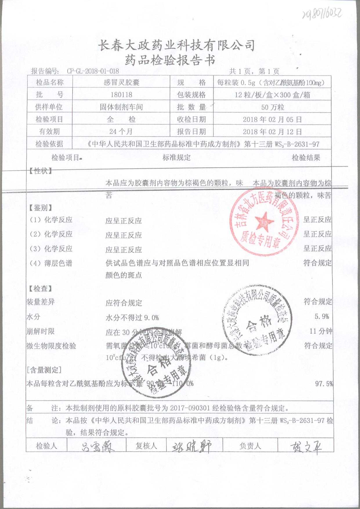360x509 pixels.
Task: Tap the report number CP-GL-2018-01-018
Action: [x=93, y=71]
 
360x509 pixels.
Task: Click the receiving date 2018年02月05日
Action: [x=272, y=119]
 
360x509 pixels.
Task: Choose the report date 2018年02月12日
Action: [x=272, y=132]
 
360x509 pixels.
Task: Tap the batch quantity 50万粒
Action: [x=272, y=107]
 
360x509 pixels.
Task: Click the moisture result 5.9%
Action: [x=322, y=316]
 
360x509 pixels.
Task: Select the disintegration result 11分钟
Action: [x=321, y=331]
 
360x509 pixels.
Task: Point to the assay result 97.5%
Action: [x=324, y=384]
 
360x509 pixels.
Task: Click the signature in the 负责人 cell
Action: [x=305, y=447]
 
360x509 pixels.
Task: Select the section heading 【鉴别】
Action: [x=40, y=207]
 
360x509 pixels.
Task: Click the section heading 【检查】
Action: [x=40, y=288]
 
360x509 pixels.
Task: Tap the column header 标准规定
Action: [x=176, y=158]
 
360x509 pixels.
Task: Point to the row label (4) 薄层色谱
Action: [x=51, y=263]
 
